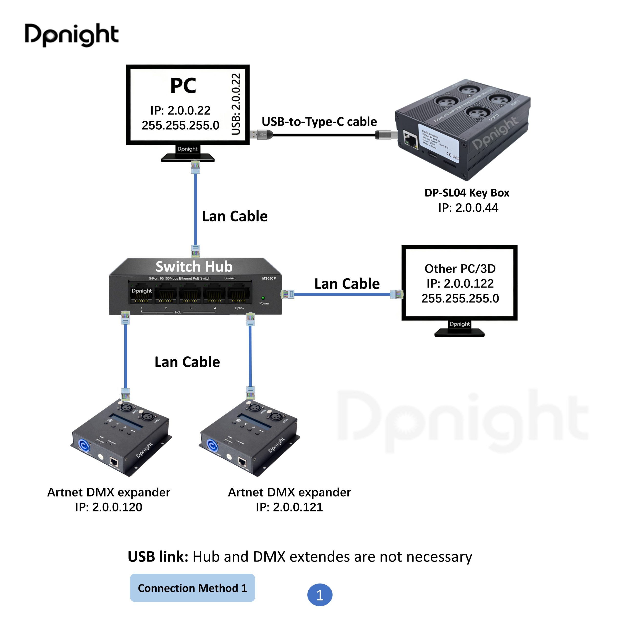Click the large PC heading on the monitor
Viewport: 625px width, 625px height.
[183, 86]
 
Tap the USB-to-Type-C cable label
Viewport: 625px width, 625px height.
[319, 122]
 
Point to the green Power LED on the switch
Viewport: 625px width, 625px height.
[263, 298]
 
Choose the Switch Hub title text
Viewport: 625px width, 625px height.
[194, 267]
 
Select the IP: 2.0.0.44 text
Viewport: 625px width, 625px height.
[468, 208]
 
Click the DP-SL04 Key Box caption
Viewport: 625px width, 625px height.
[467, 193]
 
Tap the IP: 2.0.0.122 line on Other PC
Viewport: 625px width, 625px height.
[460, 283]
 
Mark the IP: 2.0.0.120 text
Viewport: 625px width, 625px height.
[108, 507]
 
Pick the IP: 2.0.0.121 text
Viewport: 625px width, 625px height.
[289, 507]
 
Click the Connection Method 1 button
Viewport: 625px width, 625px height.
[192, 588]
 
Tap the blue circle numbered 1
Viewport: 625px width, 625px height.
[320, 594]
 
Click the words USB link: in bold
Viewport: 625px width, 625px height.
[158, 556]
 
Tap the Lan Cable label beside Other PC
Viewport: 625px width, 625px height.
[347, 284]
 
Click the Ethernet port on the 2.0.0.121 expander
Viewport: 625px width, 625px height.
[242, 462]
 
